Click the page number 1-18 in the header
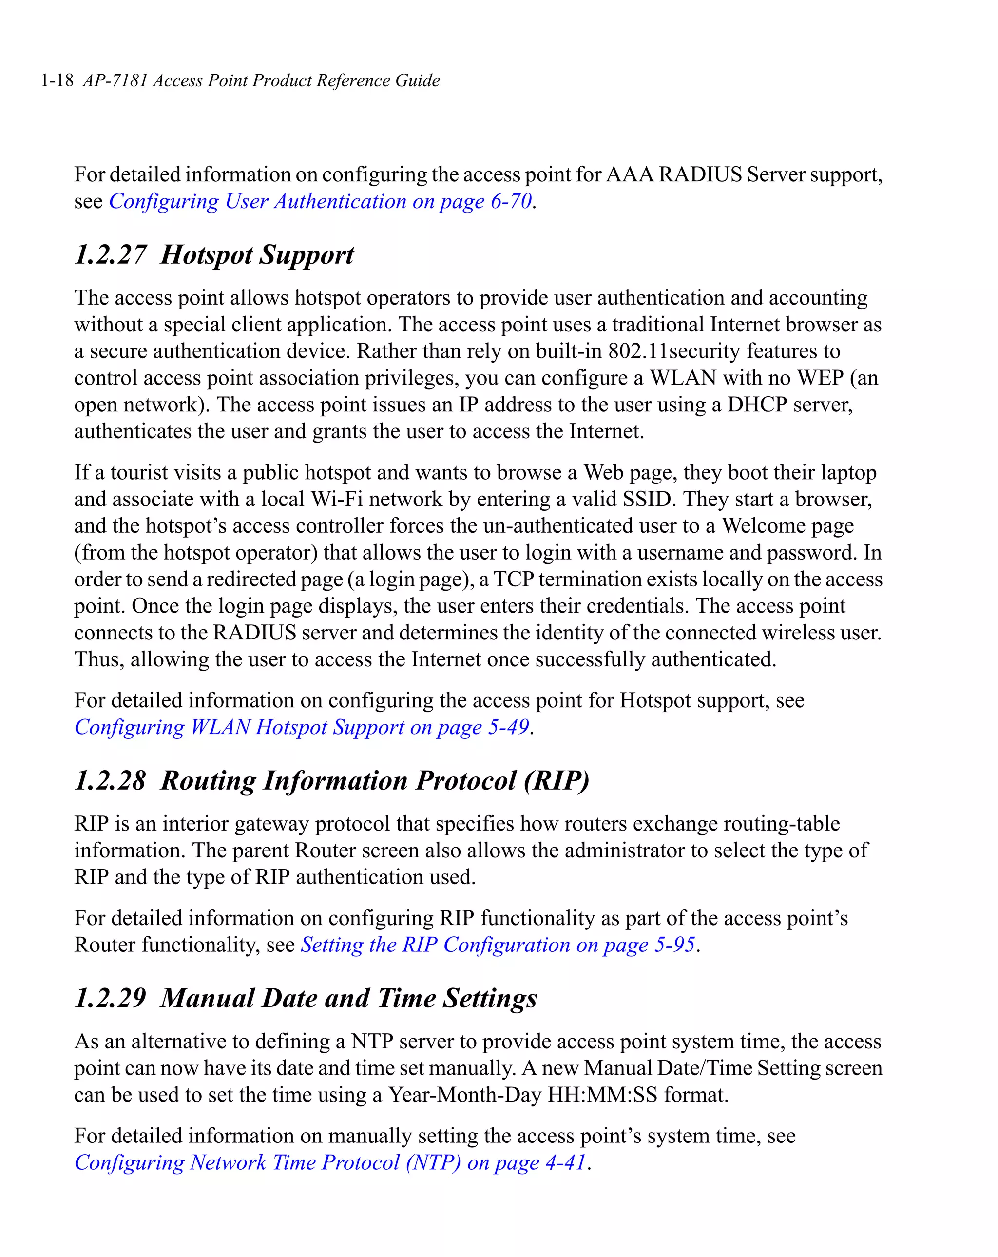57,80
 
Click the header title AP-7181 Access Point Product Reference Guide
261,80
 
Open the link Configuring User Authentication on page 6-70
320,201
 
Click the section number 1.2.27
110,255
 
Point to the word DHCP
757,405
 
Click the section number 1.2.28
110,781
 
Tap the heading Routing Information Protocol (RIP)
375,781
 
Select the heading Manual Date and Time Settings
348,998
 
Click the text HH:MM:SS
602,1095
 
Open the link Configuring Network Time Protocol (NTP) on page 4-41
330,1162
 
